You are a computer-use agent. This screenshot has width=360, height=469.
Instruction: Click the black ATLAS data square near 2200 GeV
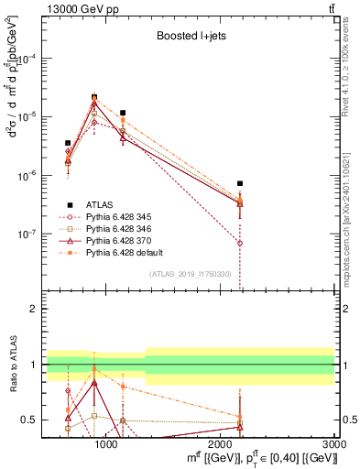pos(240,183)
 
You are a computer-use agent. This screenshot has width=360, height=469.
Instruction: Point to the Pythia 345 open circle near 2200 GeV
pos(240,244)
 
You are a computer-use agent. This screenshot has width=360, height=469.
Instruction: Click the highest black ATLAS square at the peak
pos(94,96)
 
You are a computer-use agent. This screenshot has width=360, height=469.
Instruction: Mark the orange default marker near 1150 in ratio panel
pos(123,387)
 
